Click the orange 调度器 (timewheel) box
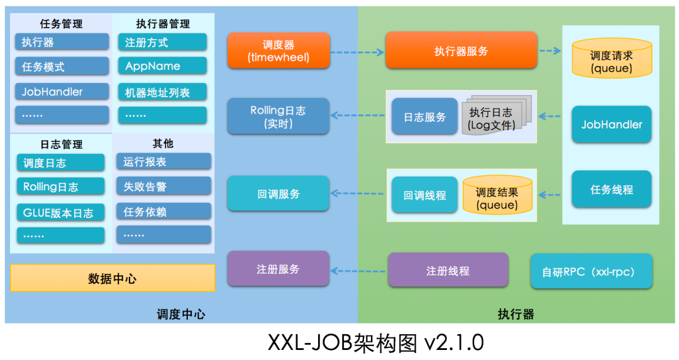click(x=279, y=51)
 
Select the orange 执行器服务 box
click(x=461, y=50)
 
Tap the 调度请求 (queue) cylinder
click(x=612, y=58)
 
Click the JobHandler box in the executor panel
click(x=612, y=124)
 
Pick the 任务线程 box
click(x=612, y=189)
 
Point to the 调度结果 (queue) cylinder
click(x=497, y=195)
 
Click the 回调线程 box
click(x=424, y=195)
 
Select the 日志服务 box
click(x=424, y=116)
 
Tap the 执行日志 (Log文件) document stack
click(x=497, y=115)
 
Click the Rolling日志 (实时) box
click(x=279, y=116)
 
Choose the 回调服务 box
click(x=279, y=194)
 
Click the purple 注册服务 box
click(x=279, y=269)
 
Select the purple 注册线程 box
click(x=448, y=270)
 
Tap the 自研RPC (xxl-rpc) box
click(x=591, y=271)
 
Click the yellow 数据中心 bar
click(x=113, y=278)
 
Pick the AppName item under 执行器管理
click(x=162, y=66)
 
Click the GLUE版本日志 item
click(x=60, y=212)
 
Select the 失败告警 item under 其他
click(x=163, y=186)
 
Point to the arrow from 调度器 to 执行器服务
click(x=358, y=52)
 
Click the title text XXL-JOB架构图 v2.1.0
click(x=376, y=342)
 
